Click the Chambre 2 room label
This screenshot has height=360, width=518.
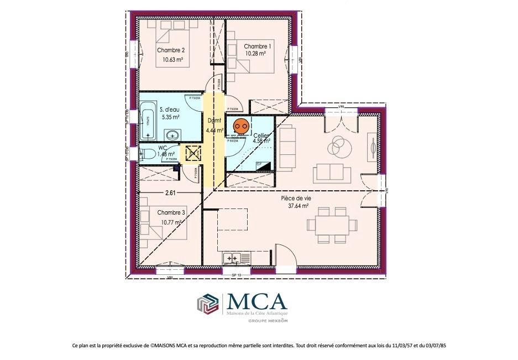pyautogui.click(x=170, y=50)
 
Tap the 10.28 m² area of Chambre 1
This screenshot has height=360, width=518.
pyautogui.click(x=256, y=55)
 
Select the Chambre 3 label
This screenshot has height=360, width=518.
pyautogui.click(x=171, y=212)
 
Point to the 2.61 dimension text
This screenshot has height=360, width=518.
pyautogui.click(x=171, y=193)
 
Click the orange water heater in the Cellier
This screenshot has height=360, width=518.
pyautogui.click(x=240, y=127)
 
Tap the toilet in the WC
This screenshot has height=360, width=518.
pyautogui.click(x=146, y=155)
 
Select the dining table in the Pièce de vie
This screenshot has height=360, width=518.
pyautogui.click(x=333, y=225)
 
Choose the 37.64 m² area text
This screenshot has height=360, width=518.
pyautogui.click(x=298, y=206)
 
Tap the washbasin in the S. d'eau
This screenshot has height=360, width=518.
pyautogui.click(x=172, y=134)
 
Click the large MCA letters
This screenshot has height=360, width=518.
pyautogui.click(x=257, y=301)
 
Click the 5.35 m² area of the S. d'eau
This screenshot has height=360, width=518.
pyautogui.click(x=170, y=117)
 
